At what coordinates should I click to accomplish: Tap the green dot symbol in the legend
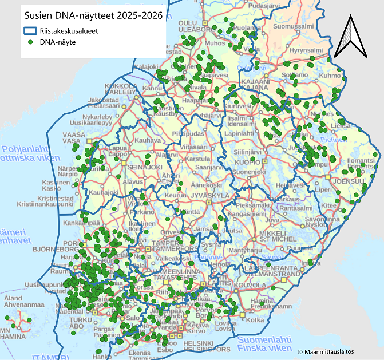pos(30,42)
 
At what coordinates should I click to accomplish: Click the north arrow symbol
pos(350,36)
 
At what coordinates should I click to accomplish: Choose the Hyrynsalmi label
pos(307,50)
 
